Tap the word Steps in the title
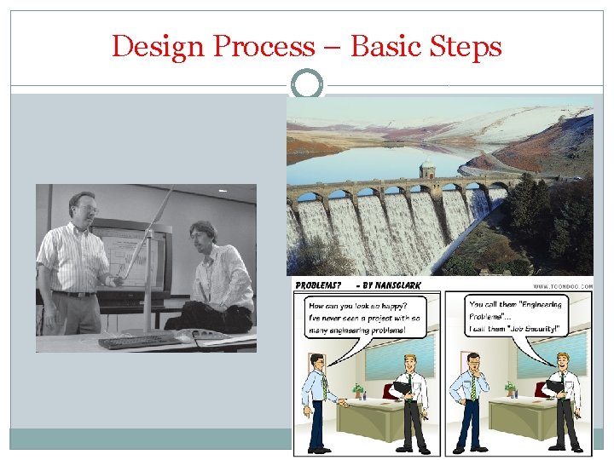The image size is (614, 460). pyautogui.click(x=468, y=46)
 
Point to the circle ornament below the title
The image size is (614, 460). pyautogui.click(x=307, y=85)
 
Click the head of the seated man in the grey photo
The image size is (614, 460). pyautogui.click(x=202, y=235)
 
